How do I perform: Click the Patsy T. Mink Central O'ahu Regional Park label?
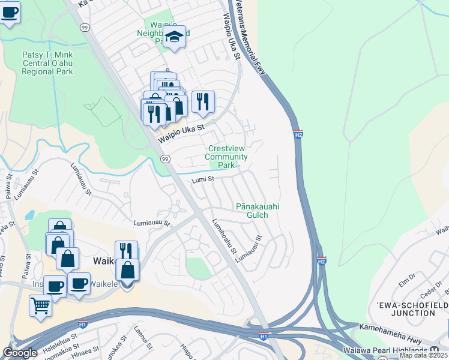click(x=47, y=63)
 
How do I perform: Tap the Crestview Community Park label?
click(x=226, y=157)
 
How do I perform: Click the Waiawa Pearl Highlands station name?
click(x=393, y=350)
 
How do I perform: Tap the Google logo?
click(x=20, y=352)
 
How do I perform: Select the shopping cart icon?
click(x=40, y=305)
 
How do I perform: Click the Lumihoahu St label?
click(x=224, y=236)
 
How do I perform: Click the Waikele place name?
click(x=106, y=261)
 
